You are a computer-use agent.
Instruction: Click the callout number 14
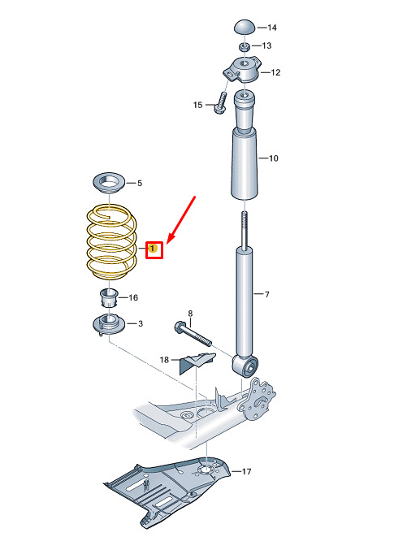pos(272,28)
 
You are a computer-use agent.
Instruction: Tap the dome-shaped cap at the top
pos(245,27)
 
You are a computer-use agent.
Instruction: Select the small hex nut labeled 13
pos(245,46)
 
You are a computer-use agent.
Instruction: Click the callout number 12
pos(275,72)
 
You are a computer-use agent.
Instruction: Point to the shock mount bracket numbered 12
pos(243,70)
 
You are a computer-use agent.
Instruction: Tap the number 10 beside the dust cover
pos(274,158)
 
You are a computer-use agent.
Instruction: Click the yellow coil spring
pos(111,242)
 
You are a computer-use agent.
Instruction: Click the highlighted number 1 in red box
pos(152,247)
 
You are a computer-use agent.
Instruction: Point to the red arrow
pos(181,220)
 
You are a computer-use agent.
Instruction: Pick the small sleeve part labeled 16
pos(109,298)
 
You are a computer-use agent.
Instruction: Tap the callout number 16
pos(133,297)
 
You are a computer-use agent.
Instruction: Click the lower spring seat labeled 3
pos(109,325)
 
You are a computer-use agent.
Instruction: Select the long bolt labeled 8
pos(193,333)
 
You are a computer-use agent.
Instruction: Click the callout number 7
pos(267,294)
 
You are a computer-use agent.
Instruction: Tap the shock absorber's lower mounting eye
pos(245,366)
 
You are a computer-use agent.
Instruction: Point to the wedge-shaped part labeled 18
pos(196,362)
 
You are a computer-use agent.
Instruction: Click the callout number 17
pos(246,471)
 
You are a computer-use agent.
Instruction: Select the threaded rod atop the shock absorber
pos(245,229)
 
